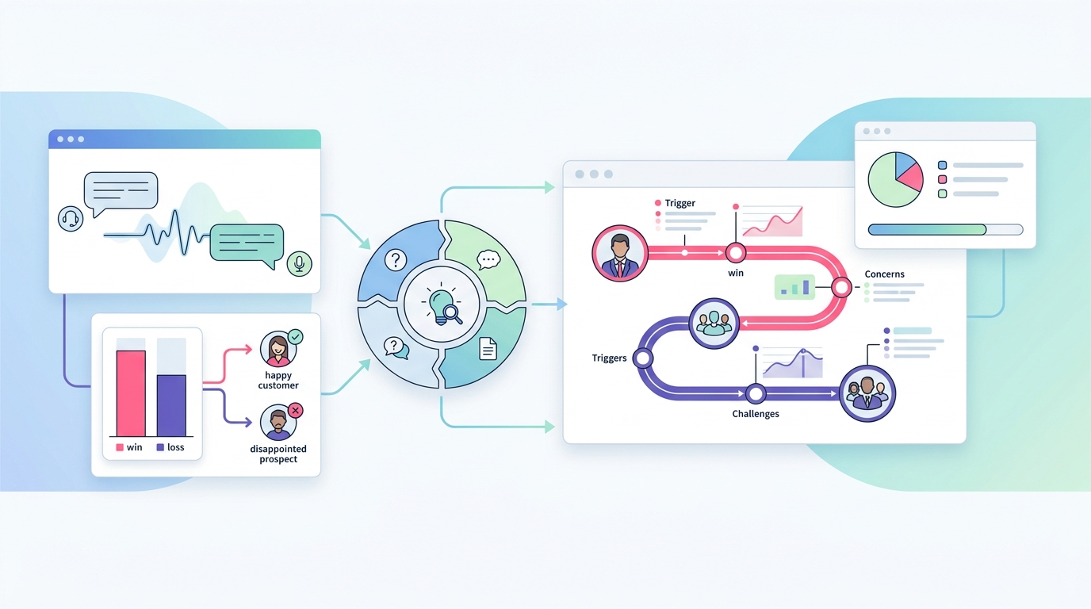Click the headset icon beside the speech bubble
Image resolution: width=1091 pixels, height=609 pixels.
(x=71, y=219)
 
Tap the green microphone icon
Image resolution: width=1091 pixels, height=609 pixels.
(x=299, y=263)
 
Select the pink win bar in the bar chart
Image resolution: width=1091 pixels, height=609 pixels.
(x=131, y=393)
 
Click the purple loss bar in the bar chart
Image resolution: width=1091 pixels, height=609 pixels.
(x=171, y=405)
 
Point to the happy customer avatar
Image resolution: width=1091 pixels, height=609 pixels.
(x=278, y=350)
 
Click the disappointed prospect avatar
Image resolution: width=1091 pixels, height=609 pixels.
(x=278, y=423)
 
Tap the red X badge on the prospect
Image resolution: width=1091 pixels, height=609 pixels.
(x=295, y=410)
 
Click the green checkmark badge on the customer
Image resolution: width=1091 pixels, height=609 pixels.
(x=295, y=337)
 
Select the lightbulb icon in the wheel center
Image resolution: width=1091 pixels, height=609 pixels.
(x=442, y=304)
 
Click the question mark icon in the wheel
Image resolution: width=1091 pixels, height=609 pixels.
(x=396, y=260)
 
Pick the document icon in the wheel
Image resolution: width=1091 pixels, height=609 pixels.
(x=488, y=348)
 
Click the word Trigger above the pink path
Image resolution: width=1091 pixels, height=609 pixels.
(x=680, y=203)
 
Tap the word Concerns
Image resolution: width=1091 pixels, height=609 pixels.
(x=885, y=274)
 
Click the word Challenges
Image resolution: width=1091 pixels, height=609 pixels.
(x=756, y=414)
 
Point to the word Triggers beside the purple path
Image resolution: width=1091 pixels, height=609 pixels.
(x=609, y=358)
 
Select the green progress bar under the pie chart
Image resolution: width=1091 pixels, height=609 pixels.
(x=928, y=229)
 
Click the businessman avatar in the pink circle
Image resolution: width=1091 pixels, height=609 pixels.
(x=619, y=253)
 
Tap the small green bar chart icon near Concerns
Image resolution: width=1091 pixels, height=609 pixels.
(x=794, y=287)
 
